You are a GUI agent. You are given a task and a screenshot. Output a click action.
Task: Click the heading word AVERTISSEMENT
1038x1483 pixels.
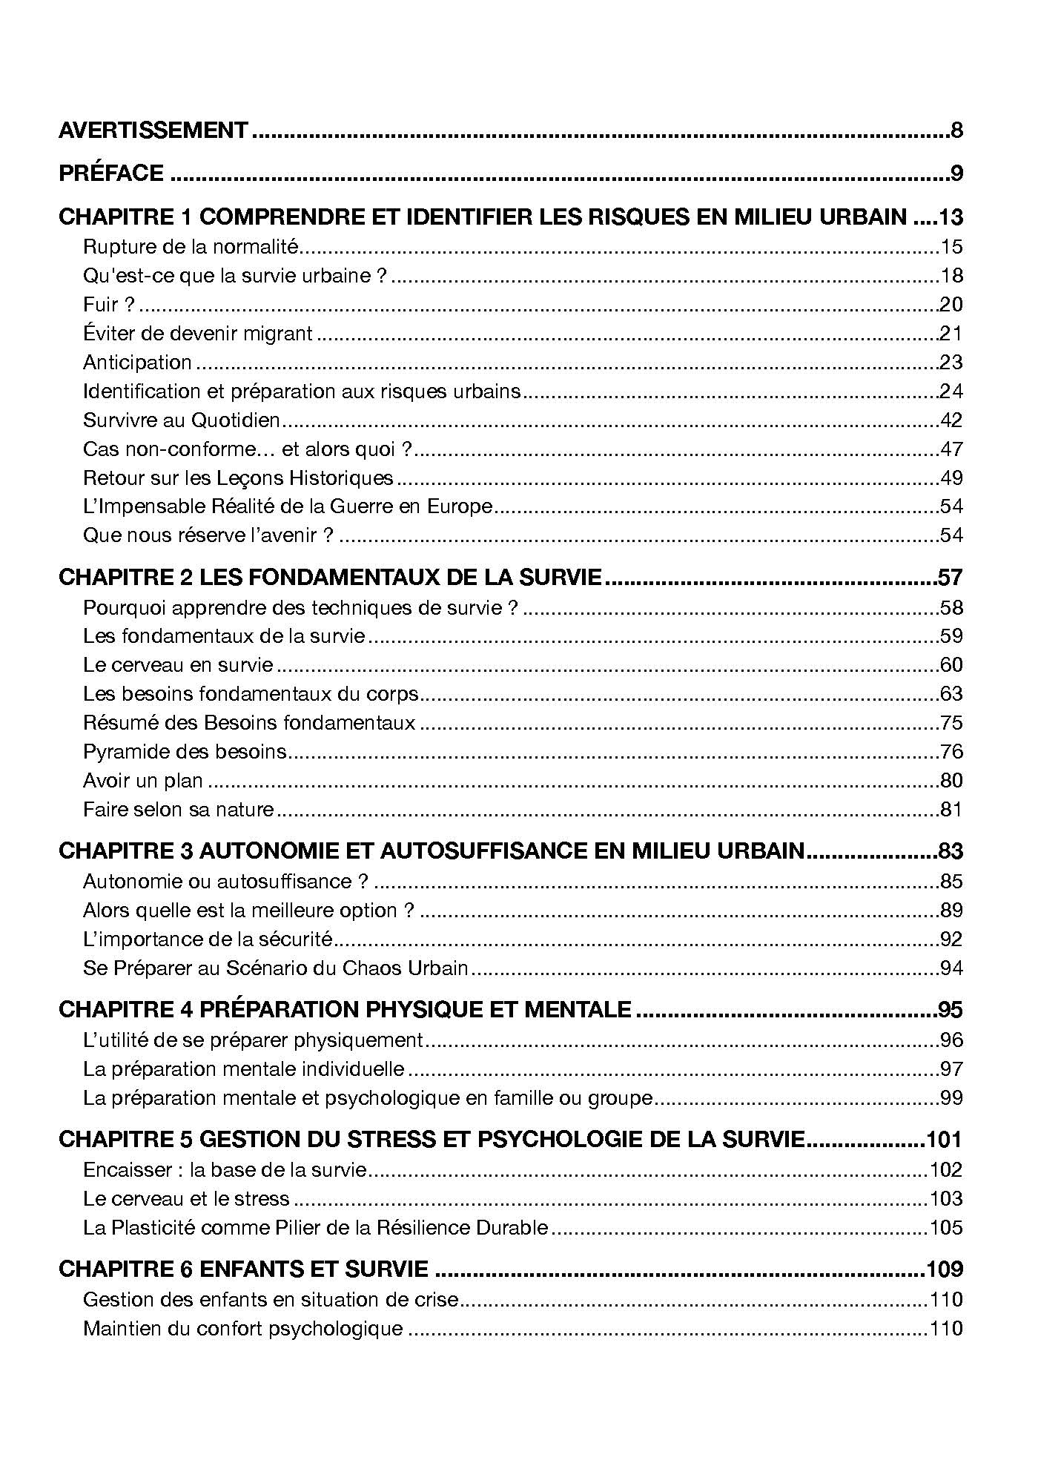tap(153, 131)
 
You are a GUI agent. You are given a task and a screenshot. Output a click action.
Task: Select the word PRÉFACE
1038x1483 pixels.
tap(111, 174)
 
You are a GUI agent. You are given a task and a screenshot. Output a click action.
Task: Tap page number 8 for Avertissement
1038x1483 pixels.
tap(956, 131)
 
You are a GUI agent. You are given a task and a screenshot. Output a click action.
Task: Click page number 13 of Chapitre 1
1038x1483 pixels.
tap(950, 217)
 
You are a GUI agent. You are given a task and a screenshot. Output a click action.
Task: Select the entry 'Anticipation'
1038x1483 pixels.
tap(137, 363)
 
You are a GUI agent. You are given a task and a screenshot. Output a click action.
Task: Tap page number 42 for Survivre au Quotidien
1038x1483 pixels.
tap(951, 420)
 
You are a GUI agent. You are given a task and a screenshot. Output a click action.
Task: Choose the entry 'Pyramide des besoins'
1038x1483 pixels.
tap(185, 752)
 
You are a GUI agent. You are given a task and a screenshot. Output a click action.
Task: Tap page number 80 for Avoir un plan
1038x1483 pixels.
tap(951, 781)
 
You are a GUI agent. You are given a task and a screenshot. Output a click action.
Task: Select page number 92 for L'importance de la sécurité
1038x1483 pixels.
tap(951, 939)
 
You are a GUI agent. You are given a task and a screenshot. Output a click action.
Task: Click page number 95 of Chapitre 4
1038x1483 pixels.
tap(950, 1010)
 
